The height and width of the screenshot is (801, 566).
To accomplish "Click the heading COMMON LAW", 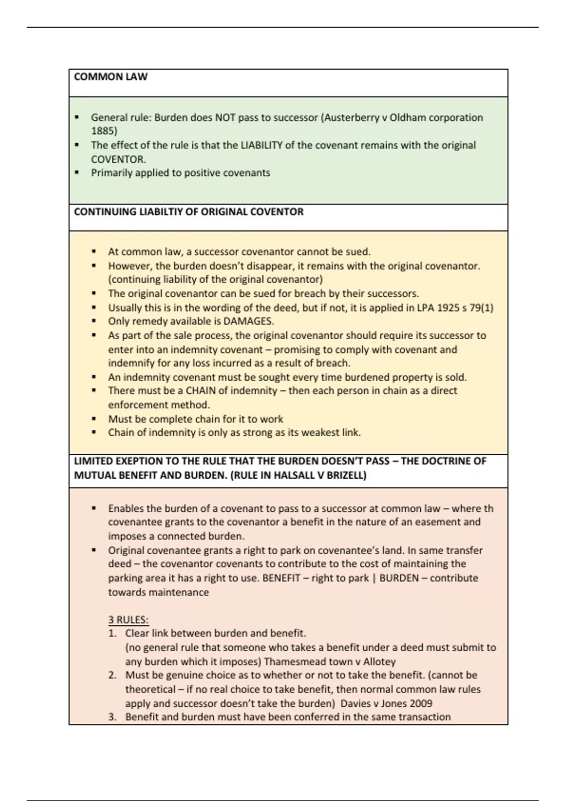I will [x=111, y=77].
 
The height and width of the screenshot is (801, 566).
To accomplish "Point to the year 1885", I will [x=104, y=131].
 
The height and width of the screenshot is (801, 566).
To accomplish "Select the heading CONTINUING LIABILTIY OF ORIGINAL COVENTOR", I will [x=189, y=212].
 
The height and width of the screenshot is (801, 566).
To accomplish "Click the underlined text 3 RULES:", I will [x=128, y=620].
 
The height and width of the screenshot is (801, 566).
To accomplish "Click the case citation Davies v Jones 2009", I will [x=386, y=703].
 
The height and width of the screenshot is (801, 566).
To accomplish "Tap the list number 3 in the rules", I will [x=112, y=717].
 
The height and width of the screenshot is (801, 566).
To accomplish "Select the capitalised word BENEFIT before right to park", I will [x=281, y=578].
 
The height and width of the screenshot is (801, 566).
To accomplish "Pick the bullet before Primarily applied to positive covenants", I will [x=77, y=173].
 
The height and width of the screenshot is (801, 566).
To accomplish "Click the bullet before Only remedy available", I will [x=94, y=321].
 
